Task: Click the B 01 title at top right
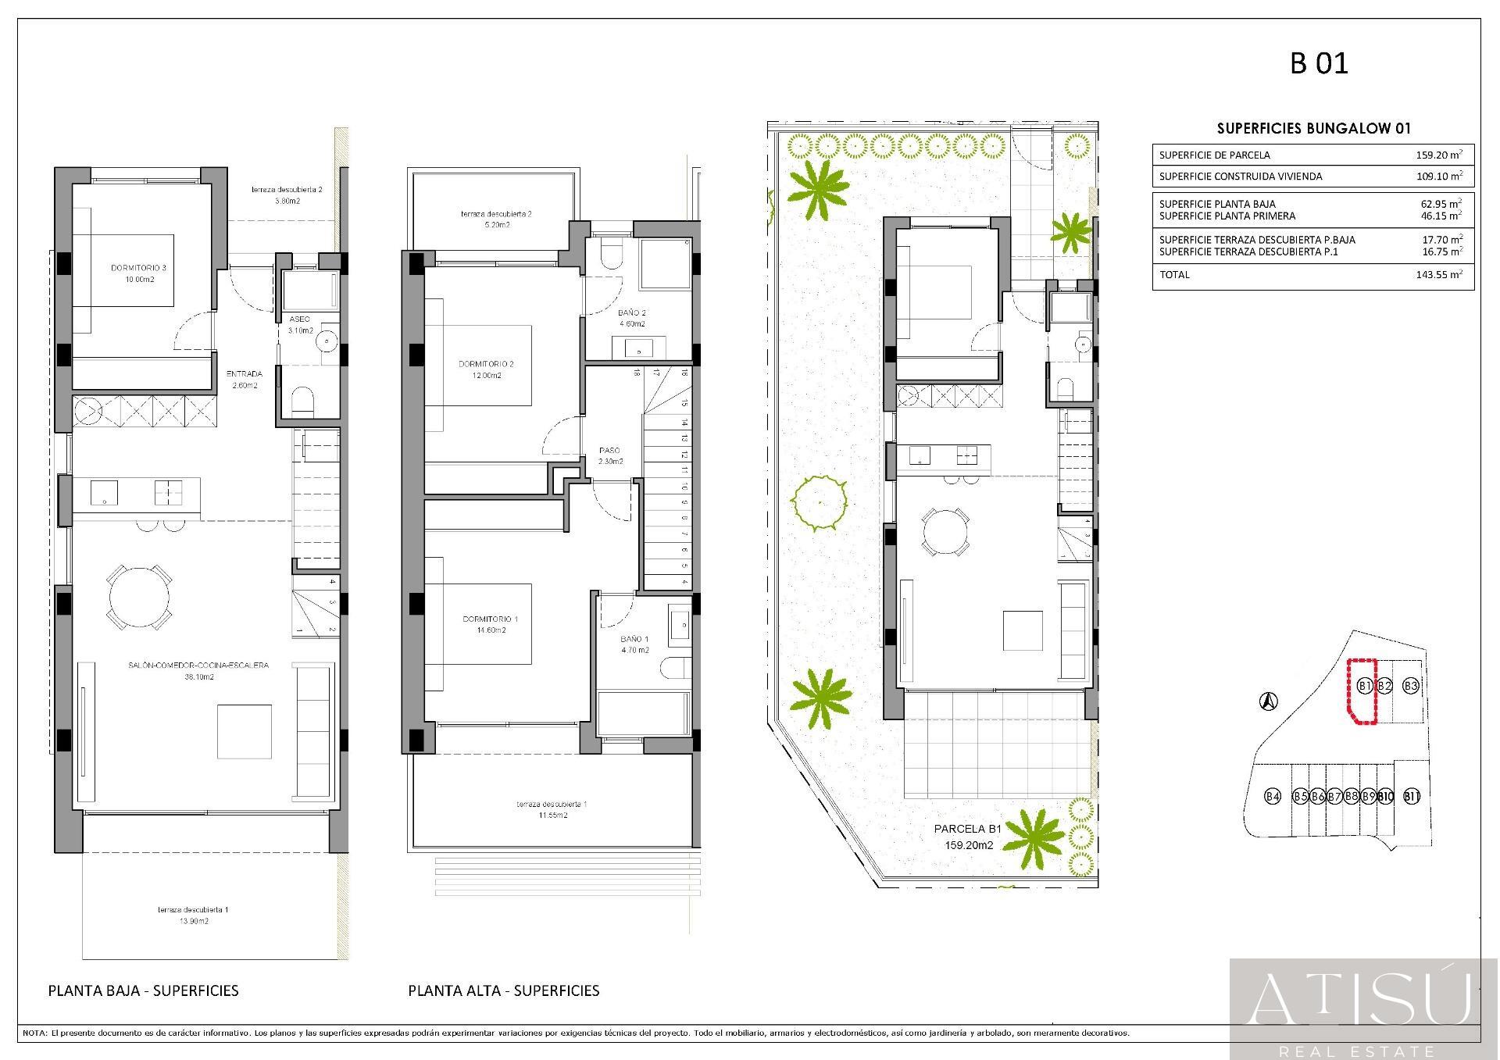[1319, 63]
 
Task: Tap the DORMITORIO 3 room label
[138, 273]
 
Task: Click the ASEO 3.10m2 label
[300, 325]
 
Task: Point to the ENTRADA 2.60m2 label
[244, 379]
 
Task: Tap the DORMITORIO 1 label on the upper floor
[490, 624]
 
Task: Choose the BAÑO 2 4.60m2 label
[631, 318]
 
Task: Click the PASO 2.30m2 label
[610, 455]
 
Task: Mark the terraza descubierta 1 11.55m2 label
[552, 809]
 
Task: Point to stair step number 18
[637, 373]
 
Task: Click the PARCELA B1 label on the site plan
[968, 830]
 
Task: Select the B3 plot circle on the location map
[1411, 686]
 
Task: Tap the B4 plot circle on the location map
[1273, 797]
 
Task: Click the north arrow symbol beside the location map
[1270, 702]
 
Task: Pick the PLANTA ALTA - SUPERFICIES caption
[504, 990]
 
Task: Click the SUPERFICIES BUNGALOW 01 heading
[1314, 128]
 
